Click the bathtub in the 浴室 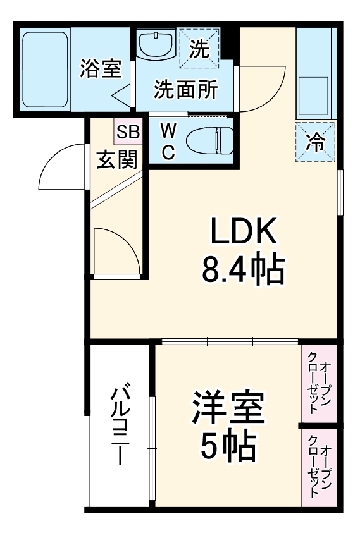pos(46,70)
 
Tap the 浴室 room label pos(101,68)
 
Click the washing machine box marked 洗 pos(199,49)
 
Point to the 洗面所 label pos(185,90)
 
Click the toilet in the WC pos(209,140)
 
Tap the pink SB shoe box pos(128,131)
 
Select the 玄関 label pos(117,159)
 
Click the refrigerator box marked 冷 pos(315,142)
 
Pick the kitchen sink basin pos(313,96)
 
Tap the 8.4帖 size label pos(243,270)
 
